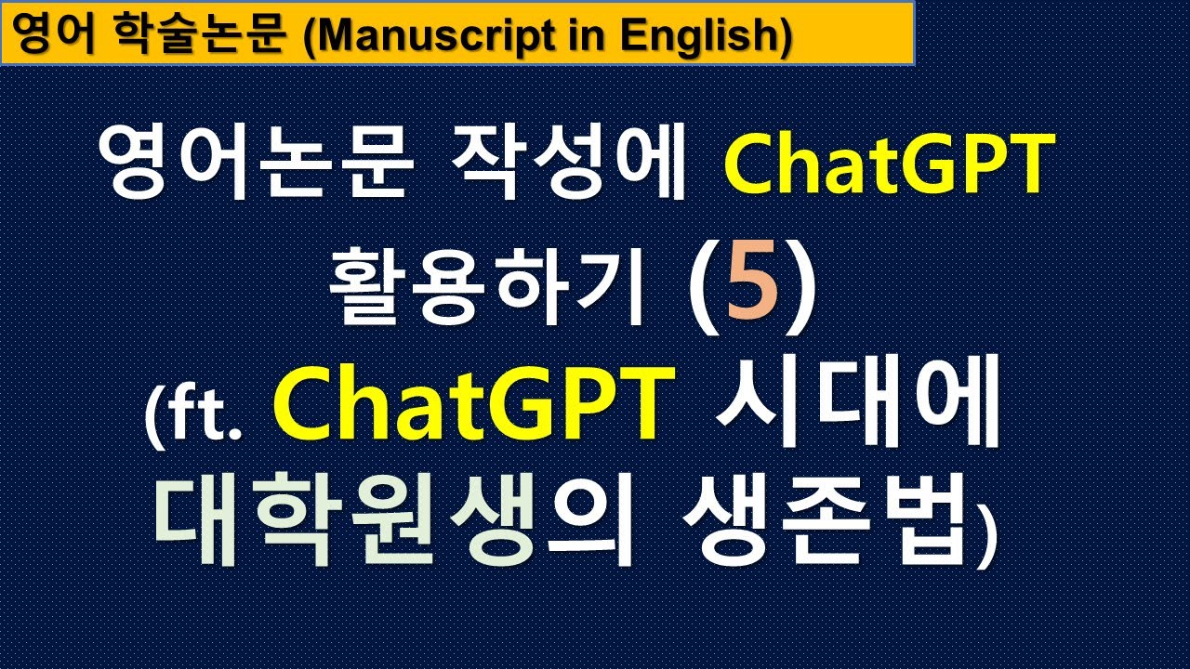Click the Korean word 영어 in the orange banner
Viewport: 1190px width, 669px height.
(x=55, y=35)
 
